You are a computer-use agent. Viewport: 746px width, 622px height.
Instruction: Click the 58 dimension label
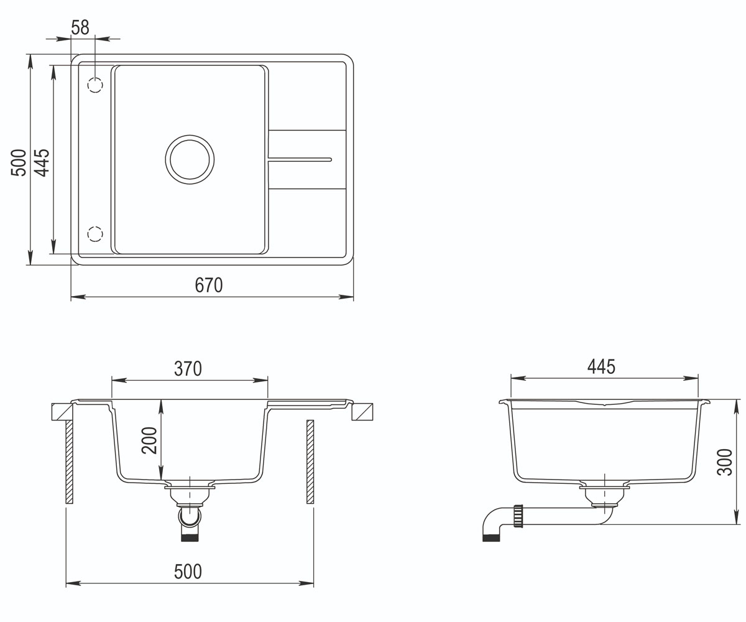80,27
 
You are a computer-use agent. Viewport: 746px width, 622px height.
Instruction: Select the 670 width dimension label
209,285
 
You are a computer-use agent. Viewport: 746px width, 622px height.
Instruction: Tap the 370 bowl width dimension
188,369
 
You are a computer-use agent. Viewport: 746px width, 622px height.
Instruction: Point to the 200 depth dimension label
149,440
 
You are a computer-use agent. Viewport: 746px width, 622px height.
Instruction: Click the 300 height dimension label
725,462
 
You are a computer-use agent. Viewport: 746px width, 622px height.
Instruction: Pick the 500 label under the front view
188,572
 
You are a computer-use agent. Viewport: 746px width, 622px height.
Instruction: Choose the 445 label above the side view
601,367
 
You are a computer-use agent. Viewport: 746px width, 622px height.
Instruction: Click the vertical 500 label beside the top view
19,162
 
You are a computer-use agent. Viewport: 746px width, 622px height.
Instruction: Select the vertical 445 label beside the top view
42,162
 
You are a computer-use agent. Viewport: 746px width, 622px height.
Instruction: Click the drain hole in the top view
190,159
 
